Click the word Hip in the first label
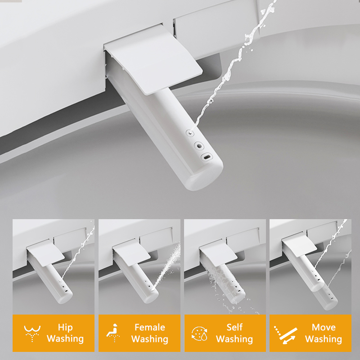(x=65, y=327)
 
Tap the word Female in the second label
(x=150, y=327)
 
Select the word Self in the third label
(x=234, y=327)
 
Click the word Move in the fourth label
(x=324, y=327)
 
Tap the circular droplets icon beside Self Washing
(x=199, y=333)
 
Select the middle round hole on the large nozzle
(x=198, y=146)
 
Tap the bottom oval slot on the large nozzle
(x=206, y=158)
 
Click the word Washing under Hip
(x=65, y=339)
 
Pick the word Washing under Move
(x=324, y=339)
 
